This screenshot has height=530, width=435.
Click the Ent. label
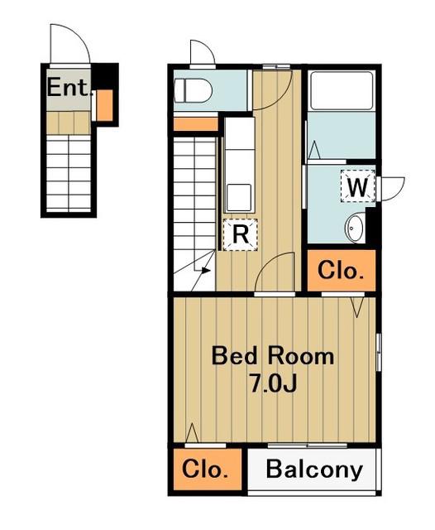pyautogui.click(x=69, y=88)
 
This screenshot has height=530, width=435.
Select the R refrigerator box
pyautogui.click(x=241, y=235)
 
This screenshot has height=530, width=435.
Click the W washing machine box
pyautogui.click(x=358, y=186)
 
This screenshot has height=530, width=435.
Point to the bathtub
pyautogui.click(x=342, y=90)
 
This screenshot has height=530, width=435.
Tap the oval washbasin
pyautogui.click(x=355, y=229)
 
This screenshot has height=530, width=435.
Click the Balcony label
pyautogui.click(x=314, y=470)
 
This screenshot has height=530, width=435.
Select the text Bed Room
pyautogui.click(x=273, y=356)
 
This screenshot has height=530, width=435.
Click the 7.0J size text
pyautogui.click(x=273, y=383)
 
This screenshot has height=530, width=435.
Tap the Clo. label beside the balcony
pyautogui.click(x=205, y=470)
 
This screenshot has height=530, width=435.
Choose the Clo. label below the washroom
pyautogui.click(x=342, y=271)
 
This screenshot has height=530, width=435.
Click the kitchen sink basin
pyautogui.click(x=239, y=198)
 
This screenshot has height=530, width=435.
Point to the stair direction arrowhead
pyautogui.click(x=206, y=271)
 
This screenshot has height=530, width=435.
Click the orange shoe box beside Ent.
pyautogui.click(x=105, y=105)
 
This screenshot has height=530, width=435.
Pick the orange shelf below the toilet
pyautogui.click(x=196, y=124)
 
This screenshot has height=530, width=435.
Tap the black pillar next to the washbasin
pyautogui.click(x=370, y=225)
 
